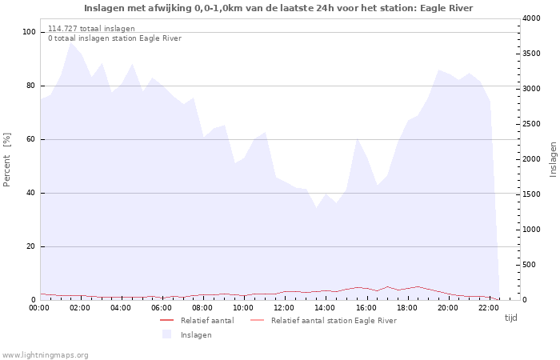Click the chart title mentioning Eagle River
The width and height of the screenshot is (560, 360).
[278, 8]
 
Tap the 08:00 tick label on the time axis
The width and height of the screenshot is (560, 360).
[202, 308]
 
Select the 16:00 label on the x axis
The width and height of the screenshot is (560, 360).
[366, 308]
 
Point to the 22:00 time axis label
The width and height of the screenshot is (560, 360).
[489, 308]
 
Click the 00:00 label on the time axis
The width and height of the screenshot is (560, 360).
[39, 308]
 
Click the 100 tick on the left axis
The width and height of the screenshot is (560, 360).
[29, 32]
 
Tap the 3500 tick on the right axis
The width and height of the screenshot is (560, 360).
[531, 54]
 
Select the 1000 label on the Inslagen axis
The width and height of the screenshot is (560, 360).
[531, 230]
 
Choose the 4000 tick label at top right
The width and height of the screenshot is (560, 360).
[531, 18]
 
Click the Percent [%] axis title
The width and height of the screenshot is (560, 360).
[6, 160]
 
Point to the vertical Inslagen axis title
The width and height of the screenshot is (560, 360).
[553, 159]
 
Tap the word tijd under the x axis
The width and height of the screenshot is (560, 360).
[510, 318]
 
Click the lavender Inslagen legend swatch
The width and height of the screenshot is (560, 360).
[166, 334]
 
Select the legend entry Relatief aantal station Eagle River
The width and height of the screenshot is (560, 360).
[323, 320]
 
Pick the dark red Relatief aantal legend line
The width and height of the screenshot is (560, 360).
[166, 320]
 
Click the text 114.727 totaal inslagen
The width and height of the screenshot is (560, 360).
[91, 29]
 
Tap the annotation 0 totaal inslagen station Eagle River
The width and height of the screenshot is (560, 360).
[114, 38]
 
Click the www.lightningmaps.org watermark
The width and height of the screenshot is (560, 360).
[44, 355]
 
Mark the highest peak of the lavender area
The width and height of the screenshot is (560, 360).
[71, 43]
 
